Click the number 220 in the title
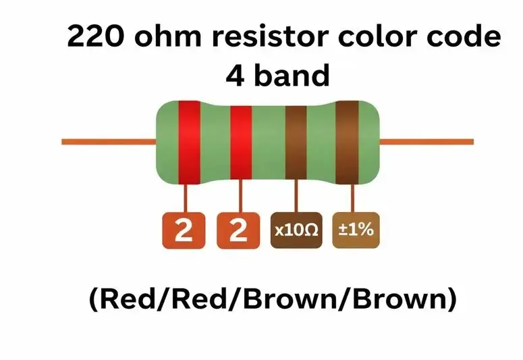coord(94,38)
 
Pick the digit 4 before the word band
coord(236,76)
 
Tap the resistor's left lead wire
coord(108,142)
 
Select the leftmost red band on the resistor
coord(189,142)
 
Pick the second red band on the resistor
coord(241,142)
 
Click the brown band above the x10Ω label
coord(296,142)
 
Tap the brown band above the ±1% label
coord(348,142)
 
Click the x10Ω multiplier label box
coord(296,230)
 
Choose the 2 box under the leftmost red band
coord(184,230)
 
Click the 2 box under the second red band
coord(238,230)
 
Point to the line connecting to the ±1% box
coord(350,198)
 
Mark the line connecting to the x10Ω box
coord(295,198)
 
